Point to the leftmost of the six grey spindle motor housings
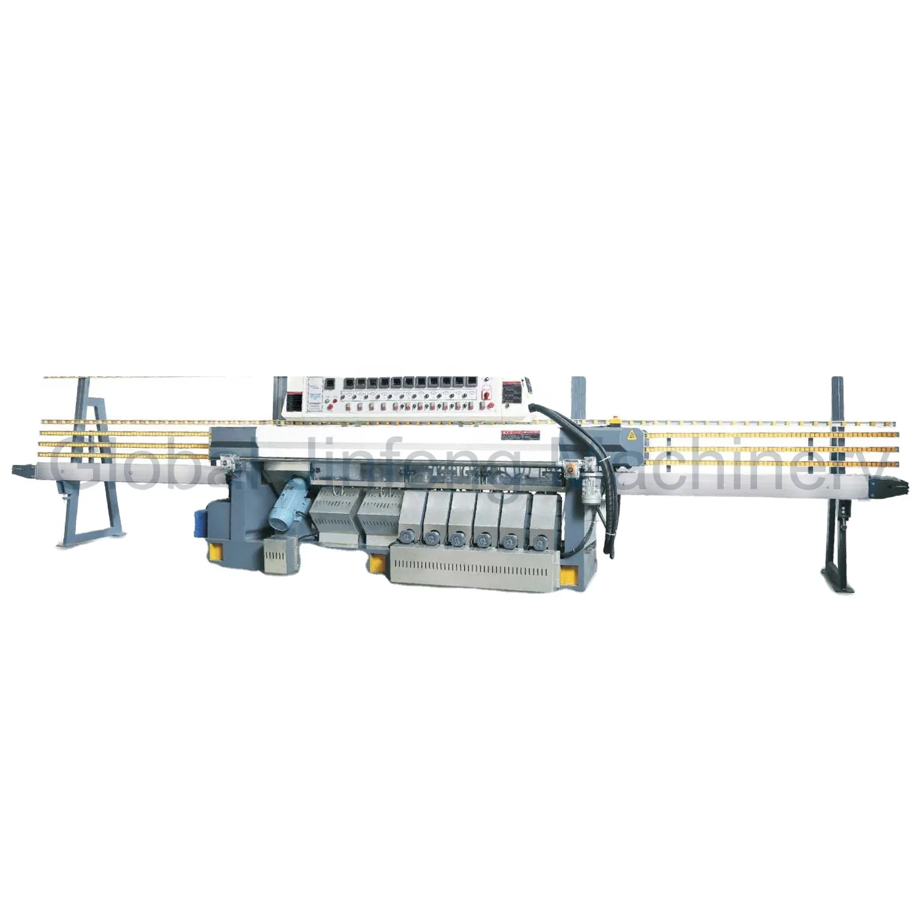pos(408,521)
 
